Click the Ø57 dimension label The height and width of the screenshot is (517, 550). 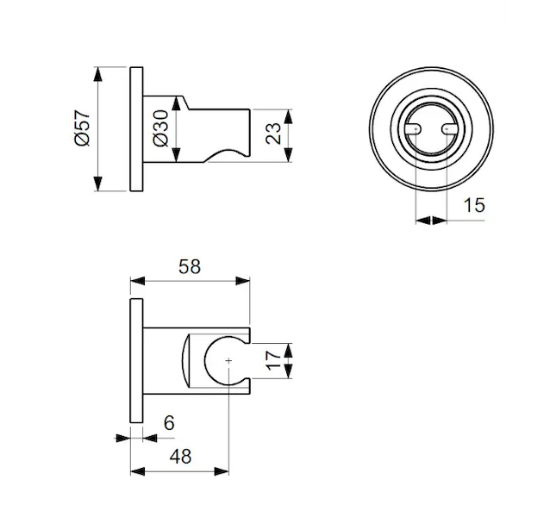pos(83,128)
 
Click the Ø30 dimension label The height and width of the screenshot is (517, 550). pos(161,128)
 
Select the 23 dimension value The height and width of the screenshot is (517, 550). pos(273,134)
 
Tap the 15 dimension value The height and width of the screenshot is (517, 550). pos(474,205)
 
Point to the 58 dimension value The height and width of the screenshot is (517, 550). pos(190,267)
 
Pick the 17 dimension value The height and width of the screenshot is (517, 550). pos(273,361)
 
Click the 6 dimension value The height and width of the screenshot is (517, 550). pos(169,423)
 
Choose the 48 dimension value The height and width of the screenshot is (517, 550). pos(181,457)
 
